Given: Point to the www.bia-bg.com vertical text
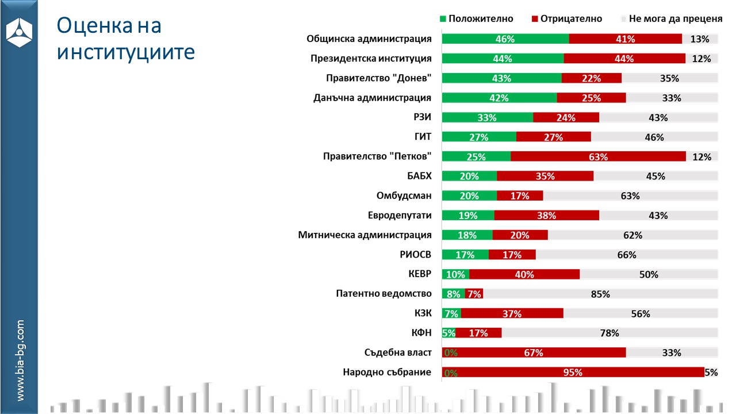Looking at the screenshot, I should (x=20, y=360).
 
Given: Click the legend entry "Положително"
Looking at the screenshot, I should (x=476, y=18).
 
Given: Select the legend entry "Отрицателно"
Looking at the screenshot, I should (x=567, y=18).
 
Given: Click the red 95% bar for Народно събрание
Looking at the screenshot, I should (x=573, y=372).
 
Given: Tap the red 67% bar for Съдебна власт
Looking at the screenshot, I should (x=534, y=352).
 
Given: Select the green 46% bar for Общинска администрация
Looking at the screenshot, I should (x=505, y=39).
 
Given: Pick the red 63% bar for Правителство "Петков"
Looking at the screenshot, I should (x=598, y=156).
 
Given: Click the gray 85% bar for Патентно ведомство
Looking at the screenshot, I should (x=600, y=294).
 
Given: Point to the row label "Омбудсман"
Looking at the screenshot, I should (x=404, y=195).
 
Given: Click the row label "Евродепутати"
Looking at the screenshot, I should (x=400, y=216).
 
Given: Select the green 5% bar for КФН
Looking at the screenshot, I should (x=448, y=333).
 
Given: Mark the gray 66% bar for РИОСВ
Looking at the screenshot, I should (x=627, y=255).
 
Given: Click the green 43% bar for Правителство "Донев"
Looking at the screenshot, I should (x=501, y=78).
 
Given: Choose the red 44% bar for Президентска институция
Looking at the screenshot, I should (x=624, y=59).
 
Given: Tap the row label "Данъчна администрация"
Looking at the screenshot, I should (x=373, y=98).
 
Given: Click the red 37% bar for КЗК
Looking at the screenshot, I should (x=512, y=313).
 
